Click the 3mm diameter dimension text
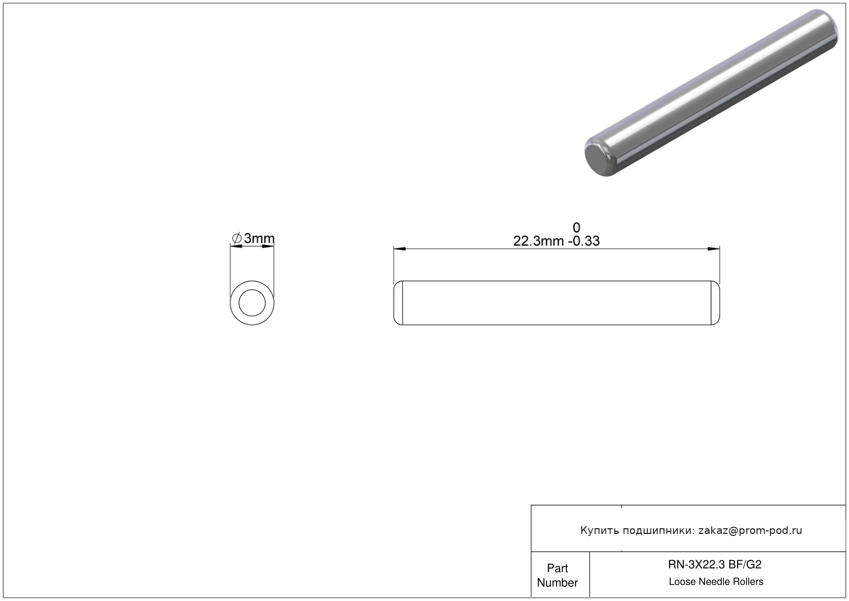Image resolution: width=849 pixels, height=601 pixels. [259, 238]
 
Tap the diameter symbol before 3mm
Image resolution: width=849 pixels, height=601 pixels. [237, 238]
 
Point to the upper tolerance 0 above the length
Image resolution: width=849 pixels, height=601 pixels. [576, 228]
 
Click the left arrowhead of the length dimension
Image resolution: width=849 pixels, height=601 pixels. [400, 249]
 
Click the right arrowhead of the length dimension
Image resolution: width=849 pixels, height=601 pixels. [714, 249]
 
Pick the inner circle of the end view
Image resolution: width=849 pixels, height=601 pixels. [252, 290]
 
